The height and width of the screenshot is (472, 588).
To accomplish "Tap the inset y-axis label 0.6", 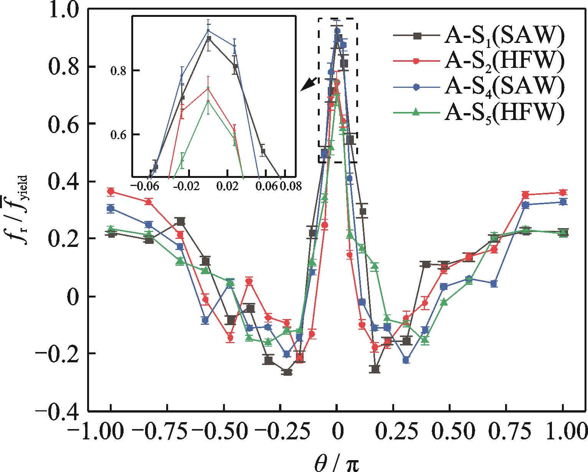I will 119,135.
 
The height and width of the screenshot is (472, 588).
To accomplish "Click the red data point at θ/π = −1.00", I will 111,191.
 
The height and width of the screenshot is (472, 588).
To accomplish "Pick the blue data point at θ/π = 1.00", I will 563,202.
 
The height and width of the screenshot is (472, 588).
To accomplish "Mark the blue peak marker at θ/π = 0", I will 337,31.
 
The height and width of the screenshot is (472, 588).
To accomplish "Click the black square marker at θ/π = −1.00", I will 111,234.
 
